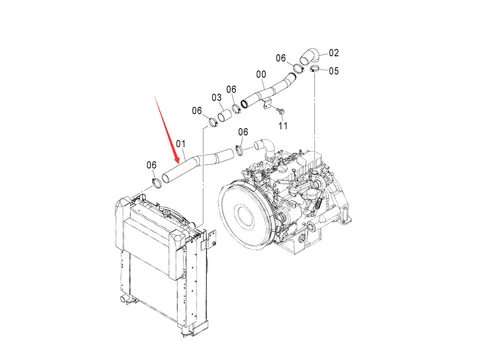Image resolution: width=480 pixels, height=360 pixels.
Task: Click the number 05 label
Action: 335,71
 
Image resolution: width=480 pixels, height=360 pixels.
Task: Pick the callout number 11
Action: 283,127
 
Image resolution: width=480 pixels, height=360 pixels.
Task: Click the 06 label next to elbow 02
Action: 281,58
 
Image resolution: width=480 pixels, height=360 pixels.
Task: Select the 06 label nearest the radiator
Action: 152,164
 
